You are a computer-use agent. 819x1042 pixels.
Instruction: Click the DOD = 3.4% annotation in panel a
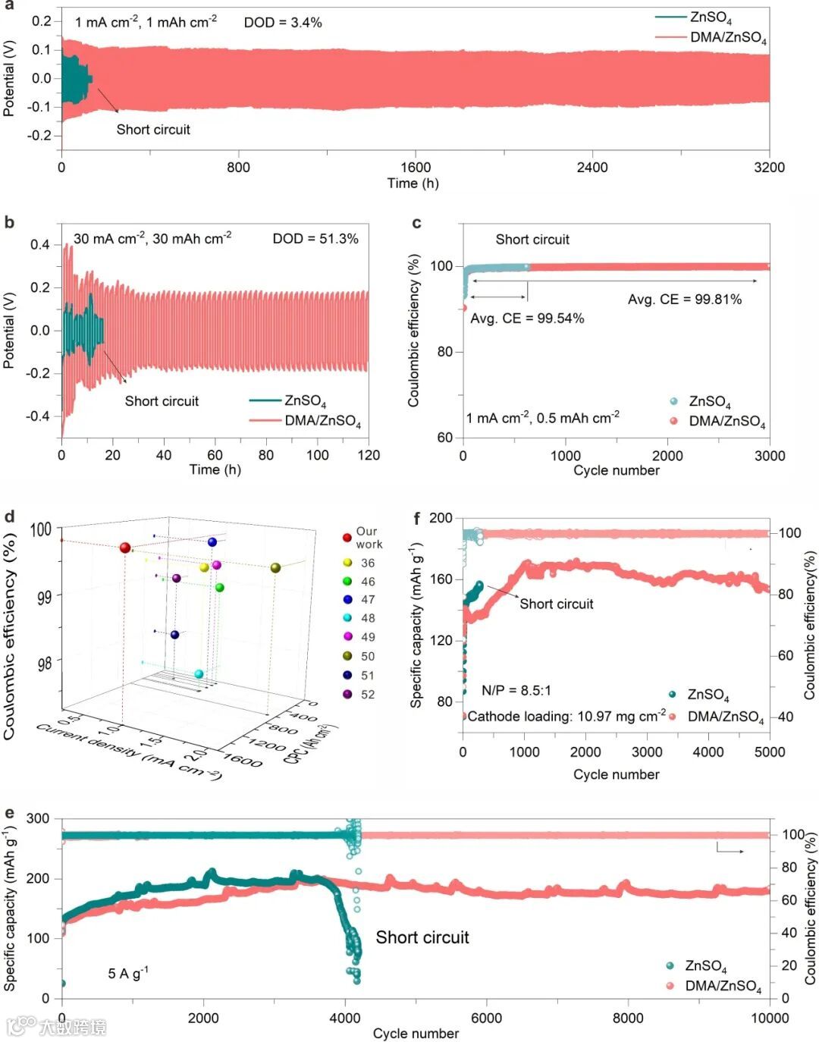(x=282, y=23)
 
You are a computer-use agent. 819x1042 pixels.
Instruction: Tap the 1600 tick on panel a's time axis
(x=415, y=168)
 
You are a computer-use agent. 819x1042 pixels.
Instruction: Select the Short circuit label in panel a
(x=153, y=130)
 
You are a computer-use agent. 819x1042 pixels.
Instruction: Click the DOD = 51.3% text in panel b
(x=315, y=239)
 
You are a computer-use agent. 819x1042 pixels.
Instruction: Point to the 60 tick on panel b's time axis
(x=215, y=455)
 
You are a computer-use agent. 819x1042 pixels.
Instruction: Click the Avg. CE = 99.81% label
(x=684, y=300)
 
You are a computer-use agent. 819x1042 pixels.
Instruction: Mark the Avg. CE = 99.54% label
(x=527, y=319)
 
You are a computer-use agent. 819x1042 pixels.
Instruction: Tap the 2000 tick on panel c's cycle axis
(x=667, y=456)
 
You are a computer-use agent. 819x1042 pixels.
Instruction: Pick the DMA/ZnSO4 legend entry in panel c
(x=726, y=422)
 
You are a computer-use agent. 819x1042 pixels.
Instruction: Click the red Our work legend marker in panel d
(x=347, y=538)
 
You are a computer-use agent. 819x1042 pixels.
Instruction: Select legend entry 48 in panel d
(x=368, y=618)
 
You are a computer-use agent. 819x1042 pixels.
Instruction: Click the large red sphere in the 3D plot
(x=125, y=548)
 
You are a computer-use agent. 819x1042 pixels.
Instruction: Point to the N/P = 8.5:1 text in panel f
(x=516, y=691)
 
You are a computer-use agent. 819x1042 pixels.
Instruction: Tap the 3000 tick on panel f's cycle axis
(x=647, y=752)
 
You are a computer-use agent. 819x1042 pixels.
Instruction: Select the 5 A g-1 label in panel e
(x=127, y=973)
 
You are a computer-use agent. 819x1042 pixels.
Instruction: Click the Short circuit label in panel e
(x=422, y=938)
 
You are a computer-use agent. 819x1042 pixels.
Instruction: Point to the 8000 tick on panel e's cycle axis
(x=628, y=1018)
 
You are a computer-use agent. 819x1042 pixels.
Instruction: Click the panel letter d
(x=10, y=517)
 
